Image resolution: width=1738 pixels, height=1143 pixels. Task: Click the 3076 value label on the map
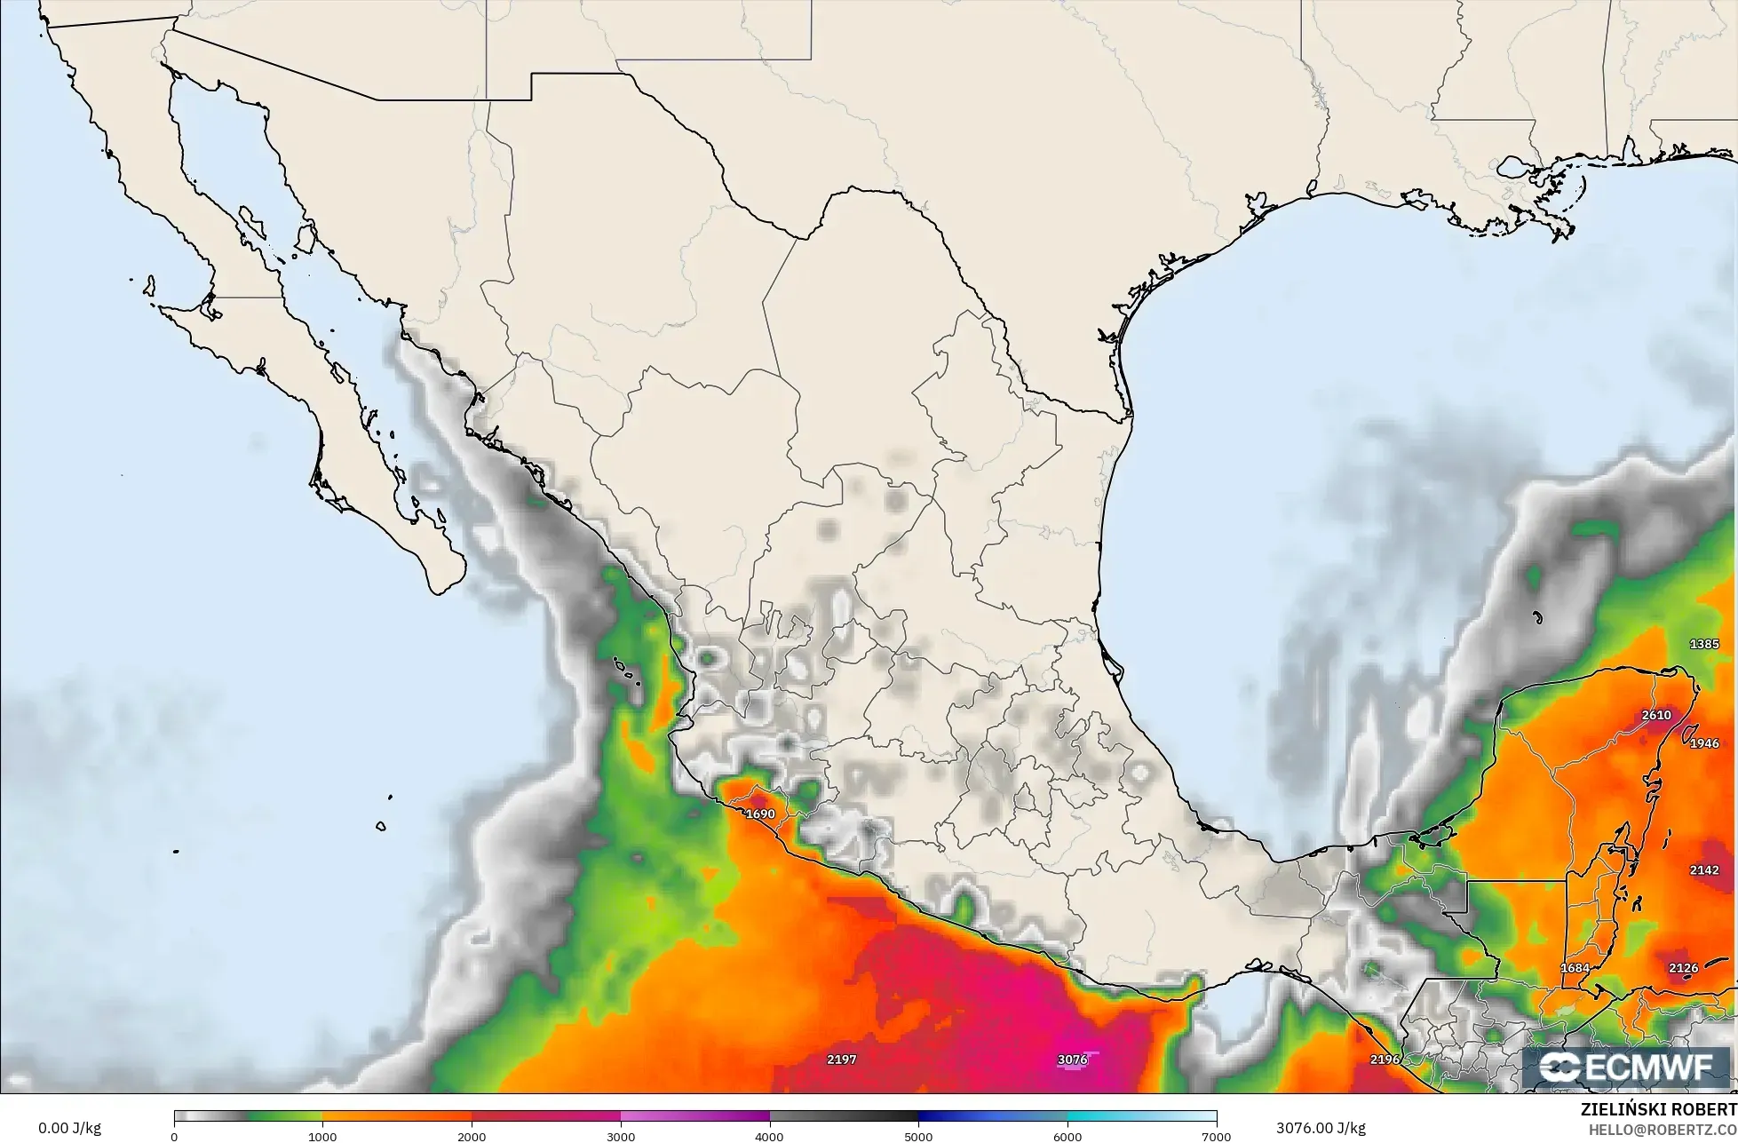pyautogui.click(x=1073, y=1060)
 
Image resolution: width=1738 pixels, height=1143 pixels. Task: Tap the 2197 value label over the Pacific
pyautogui.click(x=841, y=1060)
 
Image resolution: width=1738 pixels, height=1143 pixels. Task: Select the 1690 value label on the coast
pyautogui.click(x=760, y=814)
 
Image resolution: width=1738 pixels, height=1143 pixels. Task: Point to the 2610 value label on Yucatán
pyautogui.click(x=1656, y=715)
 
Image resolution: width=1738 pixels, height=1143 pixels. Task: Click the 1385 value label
pyautogui.click(x=1704, y=644)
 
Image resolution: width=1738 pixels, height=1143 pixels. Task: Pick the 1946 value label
pyautogui.click(x=1704, y=743)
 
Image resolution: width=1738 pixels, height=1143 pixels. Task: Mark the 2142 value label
pyautogui.click(x=1704, y=870)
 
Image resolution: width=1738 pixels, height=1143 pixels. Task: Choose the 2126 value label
pyautogui.click(x=1683, y=968)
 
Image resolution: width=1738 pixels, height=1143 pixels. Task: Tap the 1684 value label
pyautogui.click(x=1575, y=968)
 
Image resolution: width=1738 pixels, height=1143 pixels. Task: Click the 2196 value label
pyautogui.click(x=1385, y=1060)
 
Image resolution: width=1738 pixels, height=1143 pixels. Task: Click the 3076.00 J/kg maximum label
pyautogui.click(x=1321, y=1128)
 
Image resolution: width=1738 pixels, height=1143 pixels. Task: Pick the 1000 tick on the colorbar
pyautogui.click(x=322, y=1137)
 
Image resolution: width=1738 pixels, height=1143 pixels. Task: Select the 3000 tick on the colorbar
pyautogui.click(x=621, y=1137)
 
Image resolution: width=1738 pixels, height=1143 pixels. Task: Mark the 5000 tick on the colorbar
pyautogui.click(x=918, y=1137)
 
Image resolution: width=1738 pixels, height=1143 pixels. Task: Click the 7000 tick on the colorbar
pyautogui.click(x=1216, y=1137)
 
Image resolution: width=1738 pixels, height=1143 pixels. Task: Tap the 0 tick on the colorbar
pyautogui.click(x=174, y=1137)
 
